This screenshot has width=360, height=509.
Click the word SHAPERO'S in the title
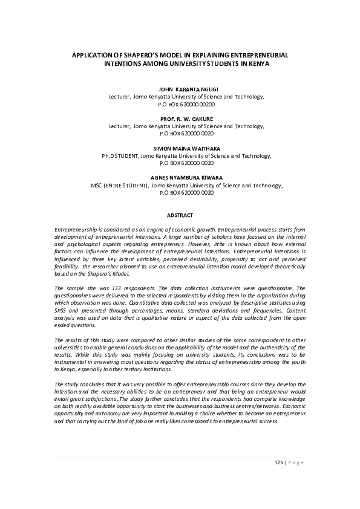(131, 55)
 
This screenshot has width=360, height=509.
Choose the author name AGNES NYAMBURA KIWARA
(180, 178)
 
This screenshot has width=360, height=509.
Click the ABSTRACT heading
(180, 215)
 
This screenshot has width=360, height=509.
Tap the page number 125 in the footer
(279, 463)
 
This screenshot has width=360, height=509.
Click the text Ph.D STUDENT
(120, 156)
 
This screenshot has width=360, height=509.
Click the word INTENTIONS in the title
(125, 63)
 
